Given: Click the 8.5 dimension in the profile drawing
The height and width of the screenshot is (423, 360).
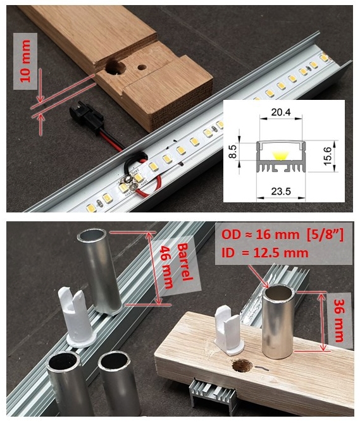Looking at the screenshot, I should point(232,152).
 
